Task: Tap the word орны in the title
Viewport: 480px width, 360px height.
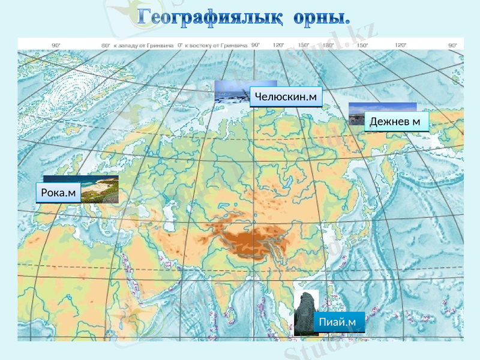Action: [x=321, y=17]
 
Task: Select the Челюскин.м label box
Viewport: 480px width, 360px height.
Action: [x=286, y=97]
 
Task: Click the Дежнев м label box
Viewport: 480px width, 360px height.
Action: [x=397, y=122]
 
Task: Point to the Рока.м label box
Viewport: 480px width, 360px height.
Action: [x=58, y=193]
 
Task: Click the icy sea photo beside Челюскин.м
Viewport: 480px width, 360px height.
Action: [x=232, y=91]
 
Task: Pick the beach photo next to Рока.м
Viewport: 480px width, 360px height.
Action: [x=100, y=190]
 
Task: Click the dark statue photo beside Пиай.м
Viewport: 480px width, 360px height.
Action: [x=305, y=311]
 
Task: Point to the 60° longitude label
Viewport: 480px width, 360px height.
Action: [x=106, y=45]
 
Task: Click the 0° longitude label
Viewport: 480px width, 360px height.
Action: [x=180, y=45]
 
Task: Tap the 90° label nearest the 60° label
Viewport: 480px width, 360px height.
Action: [x=56, y=45]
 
